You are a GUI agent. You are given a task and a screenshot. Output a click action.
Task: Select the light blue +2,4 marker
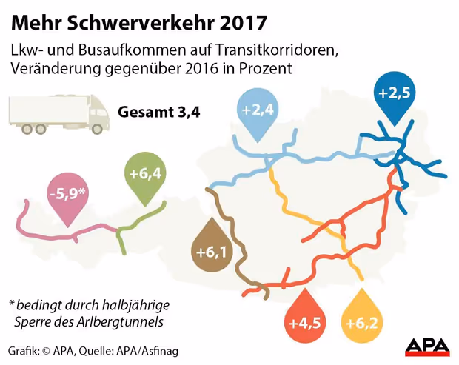(x=258, y=112)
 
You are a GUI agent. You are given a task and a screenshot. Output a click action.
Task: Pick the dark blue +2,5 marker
(x=394, y=95)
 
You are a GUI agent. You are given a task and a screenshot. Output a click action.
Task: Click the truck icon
(x=56, y=113)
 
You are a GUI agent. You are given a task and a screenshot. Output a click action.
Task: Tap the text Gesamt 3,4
(x=159, y=113)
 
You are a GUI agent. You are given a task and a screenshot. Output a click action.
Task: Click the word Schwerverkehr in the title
(x=138, y=23)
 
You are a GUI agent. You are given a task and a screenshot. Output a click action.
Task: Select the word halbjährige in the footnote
(x=133, y=305)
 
